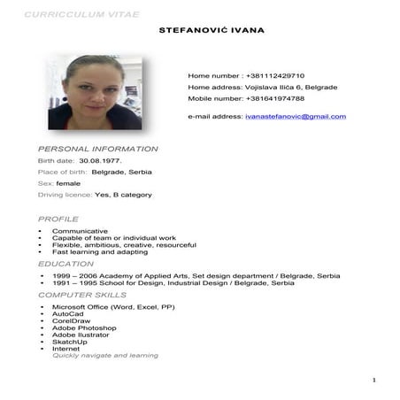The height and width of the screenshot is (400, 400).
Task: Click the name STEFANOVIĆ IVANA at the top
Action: click(x=211, y=31)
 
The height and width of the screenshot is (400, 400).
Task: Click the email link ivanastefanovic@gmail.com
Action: click(x=296, y=117)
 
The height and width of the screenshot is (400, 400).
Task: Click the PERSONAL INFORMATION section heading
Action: click(x=97, y=149)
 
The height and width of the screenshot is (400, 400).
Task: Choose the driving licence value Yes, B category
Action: click(x=123, y=195)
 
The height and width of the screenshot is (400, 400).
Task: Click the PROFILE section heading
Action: click(x=58, y=219)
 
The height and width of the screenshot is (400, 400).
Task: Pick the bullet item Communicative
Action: click(x=80, y=231)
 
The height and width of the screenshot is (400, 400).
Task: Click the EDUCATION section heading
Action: click(x=65, y=264)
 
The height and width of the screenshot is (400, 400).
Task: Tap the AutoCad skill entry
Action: click(x=67, y=313)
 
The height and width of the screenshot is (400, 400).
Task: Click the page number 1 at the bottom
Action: click(x=374, y=381)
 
